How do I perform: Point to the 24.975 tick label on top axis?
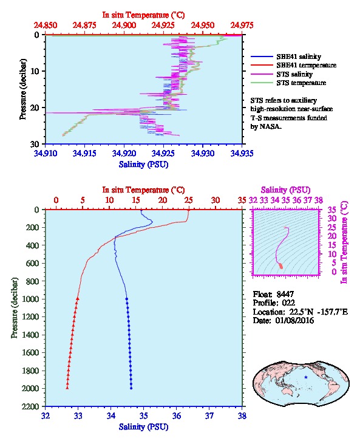point(242,26)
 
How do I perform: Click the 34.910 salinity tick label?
point(46,153)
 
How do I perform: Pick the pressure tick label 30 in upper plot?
point(35,144)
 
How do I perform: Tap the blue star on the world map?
point(306,377)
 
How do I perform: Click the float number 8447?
point(285,294)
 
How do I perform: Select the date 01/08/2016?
point(294,320)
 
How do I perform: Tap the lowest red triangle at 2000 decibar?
point(67,388)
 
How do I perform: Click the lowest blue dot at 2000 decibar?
point(131,388)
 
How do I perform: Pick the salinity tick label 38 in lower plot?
point(242,415)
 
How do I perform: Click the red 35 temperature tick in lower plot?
point(242,200)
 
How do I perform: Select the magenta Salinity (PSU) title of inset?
point(286,190)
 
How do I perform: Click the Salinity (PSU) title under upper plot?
point(143,165)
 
